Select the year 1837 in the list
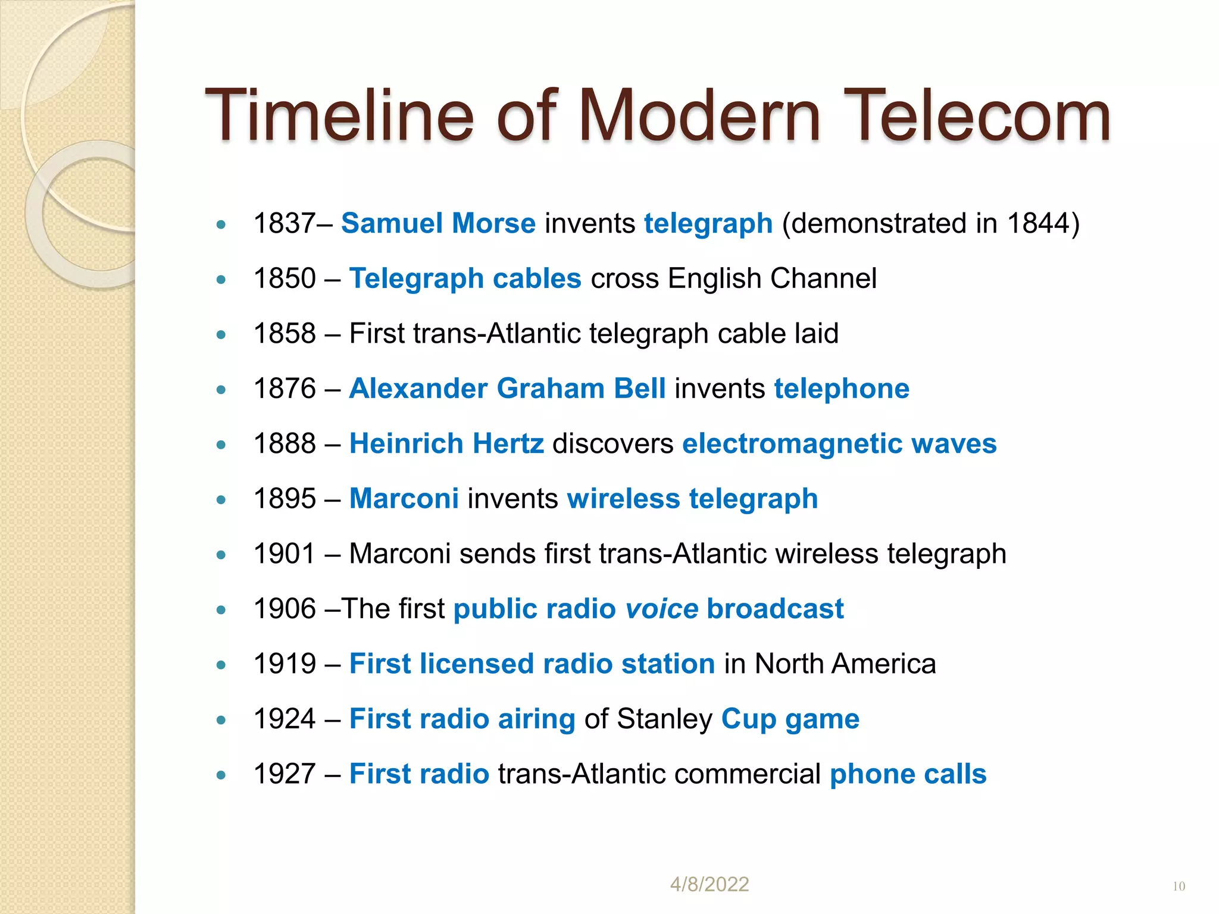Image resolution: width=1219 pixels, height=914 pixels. click(284, 224)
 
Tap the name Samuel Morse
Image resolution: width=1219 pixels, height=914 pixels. click(438, 224)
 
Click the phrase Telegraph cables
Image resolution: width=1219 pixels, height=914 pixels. click(465, 278)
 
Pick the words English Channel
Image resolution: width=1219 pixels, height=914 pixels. click(772, 278)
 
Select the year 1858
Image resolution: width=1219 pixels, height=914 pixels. click(285, 333)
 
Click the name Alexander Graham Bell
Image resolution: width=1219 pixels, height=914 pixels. click(507, 389)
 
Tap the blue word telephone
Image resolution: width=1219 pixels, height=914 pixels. click(842, 389)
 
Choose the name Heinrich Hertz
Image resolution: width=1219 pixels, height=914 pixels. click(446, 444)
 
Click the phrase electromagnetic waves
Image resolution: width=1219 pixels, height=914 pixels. click(839, 444)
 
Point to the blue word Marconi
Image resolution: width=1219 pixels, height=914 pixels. click(404, 499)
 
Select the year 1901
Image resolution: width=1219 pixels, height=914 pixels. click(285, 554)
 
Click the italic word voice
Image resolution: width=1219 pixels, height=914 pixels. click(661, 609)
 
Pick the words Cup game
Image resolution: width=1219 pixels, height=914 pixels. click(790, 719)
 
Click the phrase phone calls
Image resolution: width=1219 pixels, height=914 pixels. click(908, 774)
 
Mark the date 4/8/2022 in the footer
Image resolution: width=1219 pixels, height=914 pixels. click(709, 884)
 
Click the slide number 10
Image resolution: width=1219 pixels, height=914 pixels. click(1179, 887)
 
